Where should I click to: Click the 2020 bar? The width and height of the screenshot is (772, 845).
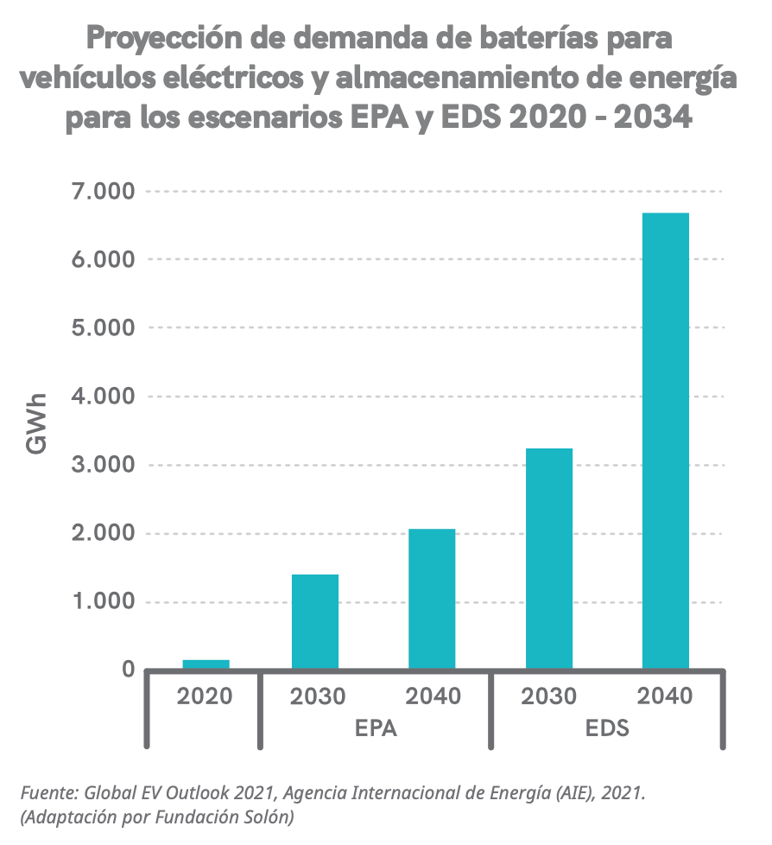pyautogui.click(x=206, y=664)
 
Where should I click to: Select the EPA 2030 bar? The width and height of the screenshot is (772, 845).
pyautogui.click(x=315, y=622)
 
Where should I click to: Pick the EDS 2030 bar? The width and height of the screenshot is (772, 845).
pyautogui.click(x=548, y=559)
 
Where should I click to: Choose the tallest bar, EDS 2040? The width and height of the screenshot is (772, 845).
pyautogui.click(x=665, y=441)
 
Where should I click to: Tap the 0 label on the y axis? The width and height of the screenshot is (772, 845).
pyautogui.click(x=128, y=670)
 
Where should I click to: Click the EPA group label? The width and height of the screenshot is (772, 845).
pyautogui.click(x=376, y=728)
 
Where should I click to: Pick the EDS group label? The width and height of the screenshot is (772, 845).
pyautogui.click(x=607, y=728)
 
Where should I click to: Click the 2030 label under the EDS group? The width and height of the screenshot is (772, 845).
pyautogui.click(x=549, y=696)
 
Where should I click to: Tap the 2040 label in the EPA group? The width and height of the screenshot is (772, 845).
pyautogui.click(x=433, y=696)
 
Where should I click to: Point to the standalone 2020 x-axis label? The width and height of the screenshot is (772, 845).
pyautogui.click(x=206, y=696)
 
